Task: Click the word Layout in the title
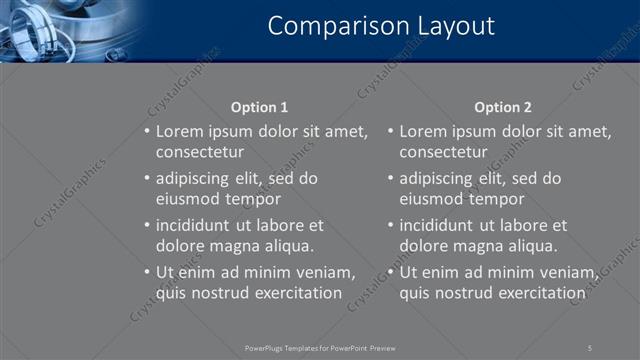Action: pyautogui.click(x=450, y=26)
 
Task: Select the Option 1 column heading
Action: pyautogui.click(x=259, y=107)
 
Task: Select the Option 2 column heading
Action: pyautogui.click(x=503, y=107)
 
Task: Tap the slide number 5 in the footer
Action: pyautogui.click(x=590, y=347)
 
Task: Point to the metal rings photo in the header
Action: pyautogui.click(x=55, y=30)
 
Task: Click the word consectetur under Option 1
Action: pyautogui.click(x=200, y=152)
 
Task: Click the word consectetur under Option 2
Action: pyautogui.click(x=444, y=152)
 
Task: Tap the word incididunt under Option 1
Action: pyautogui.click(x=196, y=225)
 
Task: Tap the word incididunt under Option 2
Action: pyautogui.click(x=440, y=225)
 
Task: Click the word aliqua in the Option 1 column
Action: pyautogui.click(x=288, y=246)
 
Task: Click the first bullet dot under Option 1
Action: pyautogui.click(x=147, y=132)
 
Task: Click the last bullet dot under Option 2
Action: pyautogui.click(x=391, y=272)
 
